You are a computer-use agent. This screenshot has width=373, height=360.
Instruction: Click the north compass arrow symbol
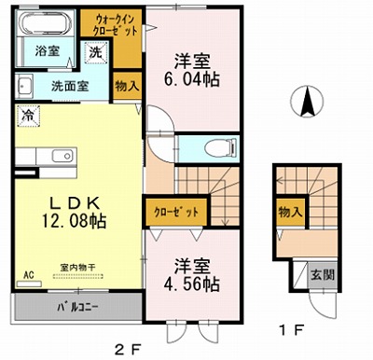(307, 101)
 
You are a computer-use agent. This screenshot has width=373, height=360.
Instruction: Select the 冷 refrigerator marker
(28, 119)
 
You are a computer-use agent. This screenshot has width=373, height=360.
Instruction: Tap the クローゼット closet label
(173, 212)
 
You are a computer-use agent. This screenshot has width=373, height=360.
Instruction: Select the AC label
(28, 274)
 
